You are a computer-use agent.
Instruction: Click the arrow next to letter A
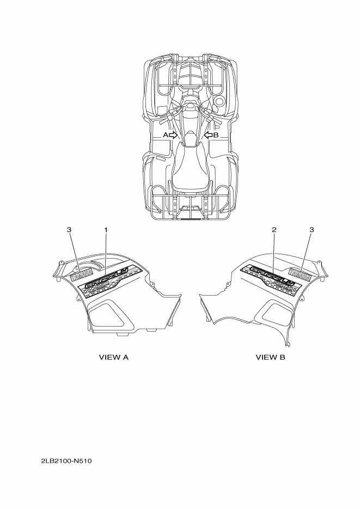[x=173, y=134]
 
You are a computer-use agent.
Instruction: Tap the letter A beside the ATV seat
[x=165, y=134]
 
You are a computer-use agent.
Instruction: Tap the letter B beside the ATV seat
[x=216, y=134]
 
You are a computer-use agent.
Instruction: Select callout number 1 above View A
[x=106, y=230]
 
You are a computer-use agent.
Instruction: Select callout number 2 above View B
[x=274, y=230]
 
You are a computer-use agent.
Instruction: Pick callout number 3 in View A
[x=69, y=230]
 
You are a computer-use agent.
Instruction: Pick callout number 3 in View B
[x=312, y=230]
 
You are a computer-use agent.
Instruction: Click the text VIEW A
[x=113, y=358]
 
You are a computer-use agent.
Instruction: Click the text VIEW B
[x=271, y=358]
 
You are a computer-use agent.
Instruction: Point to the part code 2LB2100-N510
[x=66, y=462]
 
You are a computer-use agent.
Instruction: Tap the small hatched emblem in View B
[x=301, y=275]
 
